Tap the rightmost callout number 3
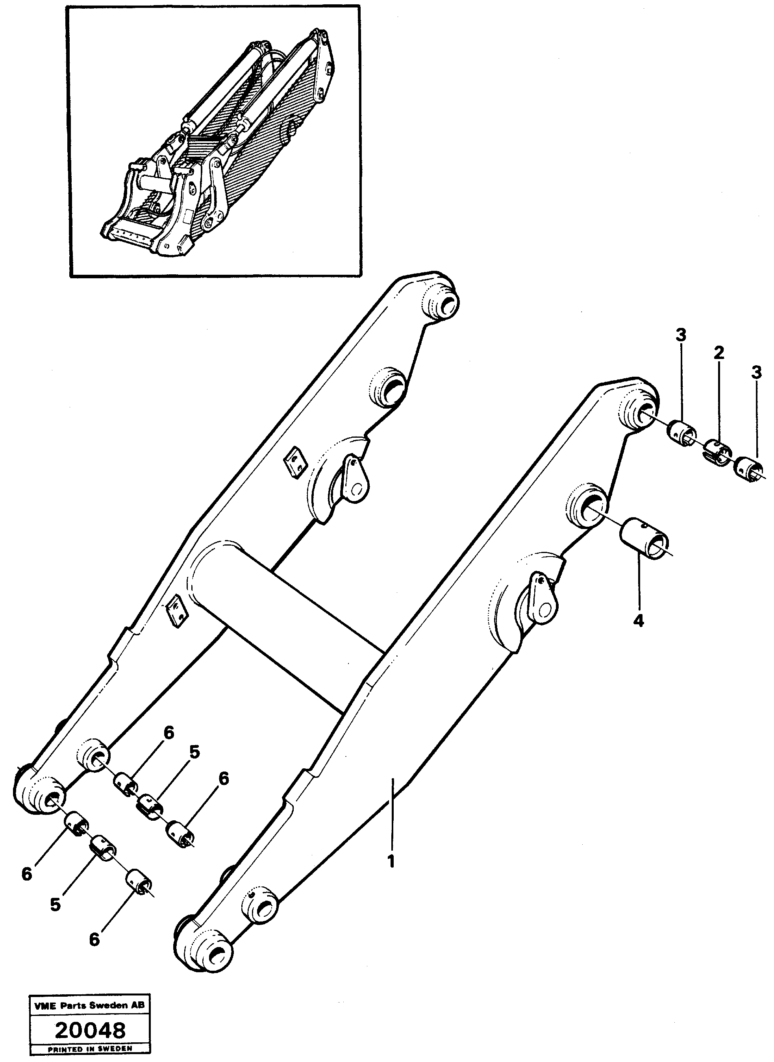point(756,374)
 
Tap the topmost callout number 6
point(168,733)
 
